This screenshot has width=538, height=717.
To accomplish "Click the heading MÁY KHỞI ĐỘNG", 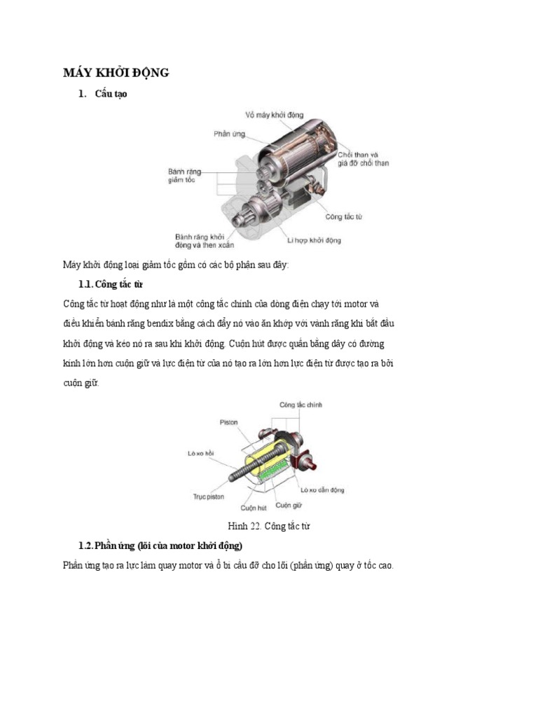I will (116, 73).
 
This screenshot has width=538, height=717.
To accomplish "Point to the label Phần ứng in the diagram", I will (229, 133).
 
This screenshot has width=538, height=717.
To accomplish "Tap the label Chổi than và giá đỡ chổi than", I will (363, 158).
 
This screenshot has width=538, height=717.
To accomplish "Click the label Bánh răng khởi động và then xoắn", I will (205, 241).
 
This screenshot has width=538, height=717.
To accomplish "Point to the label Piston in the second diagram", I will (228, 422).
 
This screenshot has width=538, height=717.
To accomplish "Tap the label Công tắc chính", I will (301, 405).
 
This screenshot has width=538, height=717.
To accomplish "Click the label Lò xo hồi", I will (200, 453).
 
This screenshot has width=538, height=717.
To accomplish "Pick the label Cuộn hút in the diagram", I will (254, 508).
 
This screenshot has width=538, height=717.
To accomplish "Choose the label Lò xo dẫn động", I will (322, 490).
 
